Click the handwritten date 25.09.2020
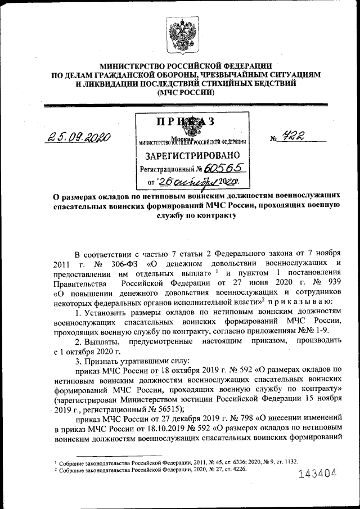coord(80,137)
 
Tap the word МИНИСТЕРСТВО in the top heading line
coord(128,66)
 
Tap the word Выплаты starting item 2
coord(105,343)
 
